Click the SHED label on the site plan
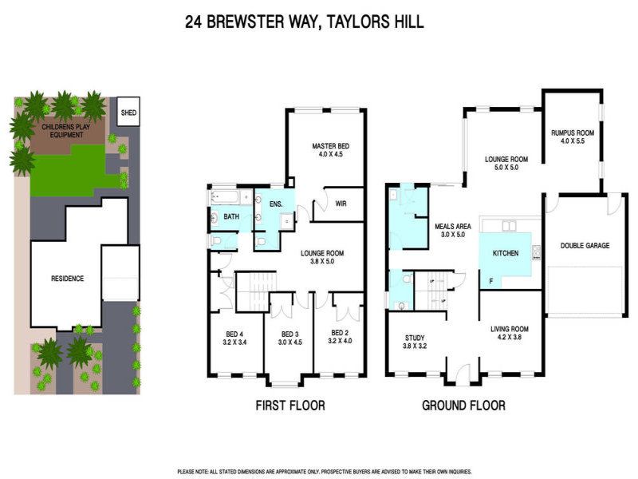click(128, 113)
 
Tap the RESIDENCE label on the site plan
click(68, 279)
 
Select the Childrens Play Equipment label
click(66, 131)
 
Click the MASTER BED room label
click(330, 146)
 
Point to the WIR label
click(341, 204)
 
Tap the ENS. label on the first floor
click(276, 204)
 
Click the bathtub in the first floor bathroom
click(226, 198)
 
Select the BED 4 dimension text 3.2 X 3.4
click(234, 342)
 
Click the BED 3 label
click(290, 334)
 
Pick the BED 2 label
click(340, 333)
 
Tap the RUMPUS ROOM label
click(573, 133)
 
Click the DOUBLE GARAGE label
click(585, 246)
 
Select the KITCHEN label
click(506, 253)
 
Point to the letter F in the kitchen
click(491, 281)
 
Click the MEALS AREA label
click(453, 227)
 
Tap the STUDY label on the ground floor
click(415, 338)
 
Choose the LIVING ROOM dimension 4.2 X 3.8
click(509, 337)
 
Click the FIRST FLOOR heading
click(290, 406)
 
